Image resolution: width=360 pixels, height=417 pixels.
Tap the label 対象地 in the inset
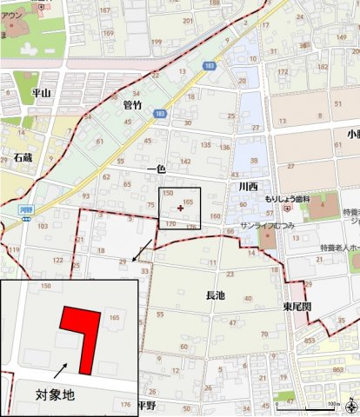(55, 394)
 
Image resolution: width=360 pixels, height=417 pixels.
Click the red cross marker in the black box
(180, 208)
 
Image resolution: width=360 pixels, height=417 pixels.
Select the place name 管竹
(132, 104)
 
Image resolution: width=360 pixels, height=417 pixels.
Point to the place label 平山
(41, 92)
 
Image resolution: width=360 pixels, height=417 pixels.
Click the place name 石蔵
(22, 158)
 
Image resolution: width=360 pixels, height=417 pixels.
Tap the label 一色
(157, 169)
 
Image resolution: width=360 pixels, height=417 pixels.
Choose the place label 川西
(248, 186)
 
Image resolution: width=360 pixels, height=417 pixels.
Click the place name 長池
(215, 296)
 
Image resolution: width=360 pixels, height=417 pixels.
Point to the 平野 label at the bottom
(145, 405)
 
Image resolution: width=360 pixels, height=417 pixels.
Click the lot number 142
(185, 162)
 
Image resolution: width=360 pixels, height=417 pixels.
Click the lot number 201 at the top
(186, 19)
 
